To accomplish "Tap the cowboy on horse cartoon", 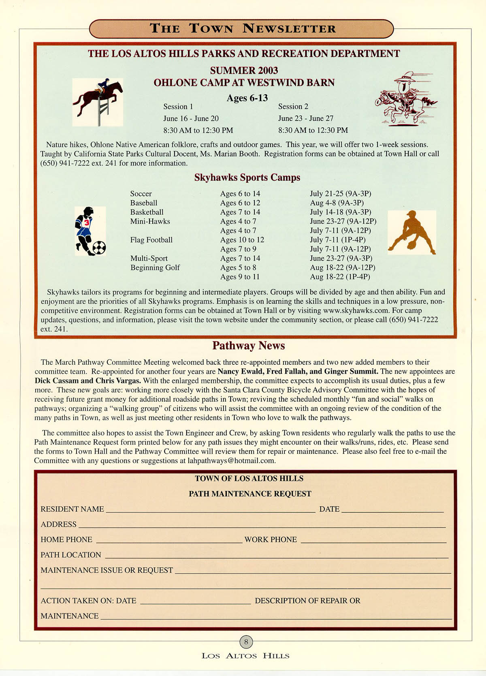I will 405,99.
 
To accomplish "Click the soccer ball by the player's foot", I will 99,247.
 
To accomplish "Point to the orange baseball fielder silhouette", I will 411,232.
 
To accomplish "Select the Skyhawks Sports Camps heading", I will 247,178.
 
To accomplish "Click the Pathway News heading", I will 248,346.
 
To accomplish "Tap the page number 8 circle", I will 246,642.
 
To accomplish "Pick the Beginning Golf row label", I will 155,267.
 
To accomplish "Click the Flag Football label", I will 151,240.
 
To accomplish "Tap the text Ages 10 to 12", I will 242,240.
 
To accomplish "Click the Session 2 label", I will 293,107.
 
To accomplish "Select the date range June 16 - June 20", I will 191,118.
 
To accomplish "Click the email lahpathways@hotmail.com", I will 231,461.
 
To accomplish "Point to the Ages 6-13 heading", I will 247,98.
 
